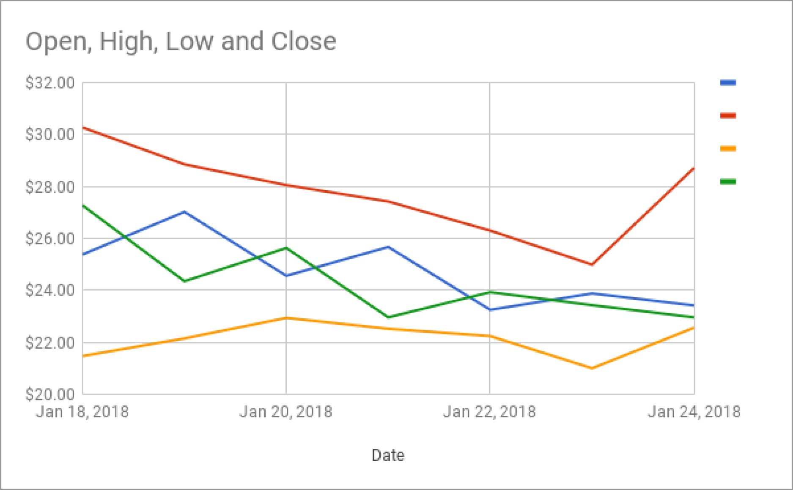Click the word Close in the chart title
pyautogui.click(x=304, y=41)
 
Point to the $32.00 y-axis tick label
pyautogui.click(x=50, y=83)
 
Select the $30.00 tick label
pyautogui.click(x=50, y=134)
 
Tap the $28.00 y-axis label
pyautogui.click(x=50, y=187)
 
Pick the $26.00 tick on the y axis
pyautogui.click(x=50, y=238)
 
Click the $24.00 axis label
pyautogui.click(x=50, y=290)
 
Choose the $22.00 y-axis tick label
pyautogui.click(x=50, y=342)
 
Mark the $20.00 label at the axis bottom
pyautogui.click(x=50, y=394)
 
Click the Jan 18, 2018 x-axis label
pyautogui.click(x=82, y=411)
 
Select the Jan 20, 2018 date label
pyautogui.click(x=286, y=411)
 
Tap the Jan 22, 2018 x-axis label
pyautogui.click(x=489, y=411)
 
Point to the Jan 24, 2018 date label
pyautogui.click(x=694, y=411)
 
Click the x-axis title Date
pyautogui.click(x=388, y=455)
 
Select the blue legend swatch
pyautogui.click(x=728, y=82)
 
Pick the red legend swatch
pyautogui.click(x=728, y=115)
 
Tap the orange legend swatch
pyautogui.click(x=728, y=148)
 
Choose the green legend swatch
pyautogui.click(x=728, y=182)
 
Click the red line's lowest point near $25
pyautogui.click(x=592, y=265)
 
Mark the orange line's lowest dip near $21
pyautogui.click(x=592, y=368)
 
